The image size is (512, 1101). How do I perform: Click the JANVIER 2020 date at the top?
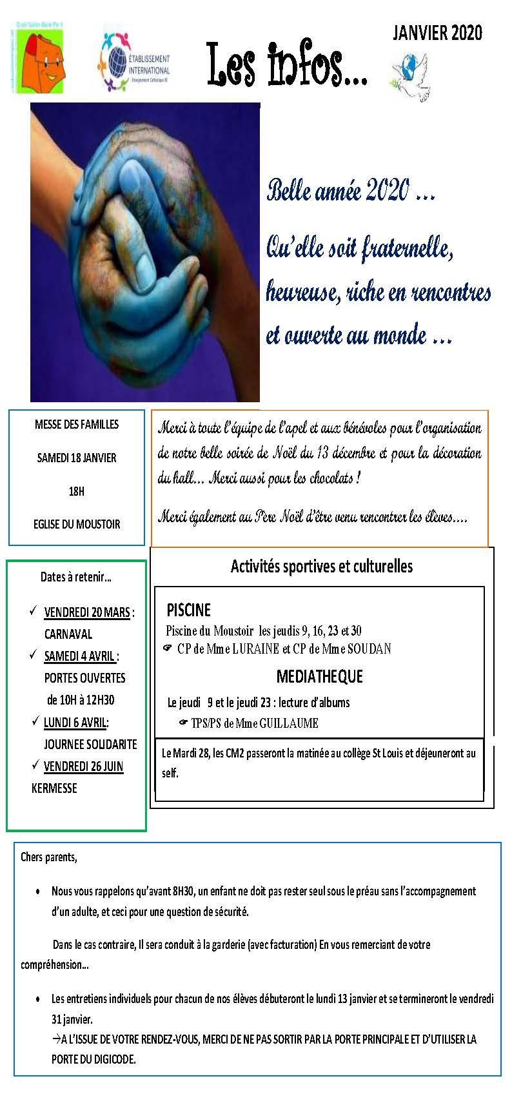click(x=437, y=34)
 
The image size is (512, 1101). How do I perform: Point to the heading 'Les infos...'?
click(x=287, y=64)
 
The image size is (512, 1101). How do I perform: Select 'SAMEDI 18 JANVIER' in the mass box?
click(x=77, y=458)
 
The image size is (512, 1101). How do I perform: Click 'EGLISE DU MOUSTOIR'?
click(x=77, y=524)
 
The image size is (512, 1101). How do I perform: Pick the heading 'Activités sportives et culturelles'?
click(x=322, y=567)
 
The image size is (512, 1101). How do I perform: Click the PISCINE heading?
click(x=188, y=610)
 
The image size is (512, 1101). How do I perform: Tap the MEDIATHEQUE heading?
click(x=319, y=676)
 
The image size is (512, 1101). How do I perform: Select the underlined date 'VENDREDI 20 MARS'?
click(x=87, y=612)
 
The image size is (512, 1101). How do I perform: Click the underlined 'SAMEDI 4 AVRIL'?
click(x=79, y=656)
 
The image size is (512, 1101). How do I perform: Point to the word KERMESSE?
click(x=54, y=788)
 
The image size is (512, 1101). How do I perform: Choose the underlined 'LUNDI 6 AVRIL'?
click(x=75, y=723)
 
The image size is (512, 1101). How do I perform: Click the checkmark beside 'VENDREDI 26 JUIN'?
click(x=36, y=765)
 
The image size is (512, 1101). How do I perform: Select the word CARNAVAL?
click(x=68, y=634)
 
